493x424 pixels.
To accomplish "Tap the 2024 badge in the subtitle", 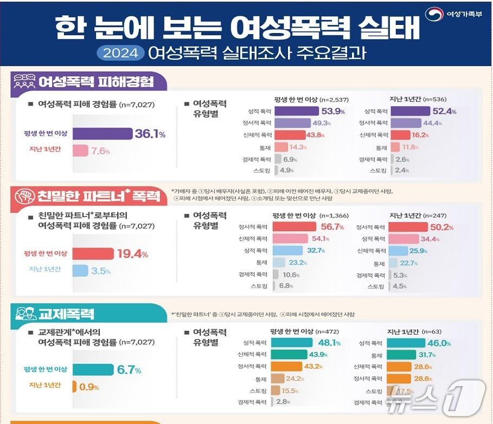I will click(x=121, y=53).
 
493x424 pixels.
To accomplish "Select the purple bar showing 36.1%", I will click(x=102, y=134).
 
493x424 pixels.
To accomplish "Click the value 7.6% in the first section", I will click(x=100, y=151).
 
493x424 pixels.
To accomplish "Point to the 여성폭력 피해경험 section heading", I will click(x=95, y=82).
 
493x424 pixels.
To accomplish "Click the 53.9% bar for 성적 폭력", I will click(x=296, y=111).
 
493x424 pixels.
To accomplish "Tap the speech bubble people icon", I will click(x=24, y=82).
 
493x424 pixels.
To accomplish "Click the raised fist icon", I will click(x=24, y=197).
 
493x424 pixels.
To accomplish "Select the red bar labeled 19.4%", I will click(x=92, y=253).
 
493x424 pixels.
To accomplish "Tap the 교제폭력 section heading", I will click(x=66, y=314).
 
